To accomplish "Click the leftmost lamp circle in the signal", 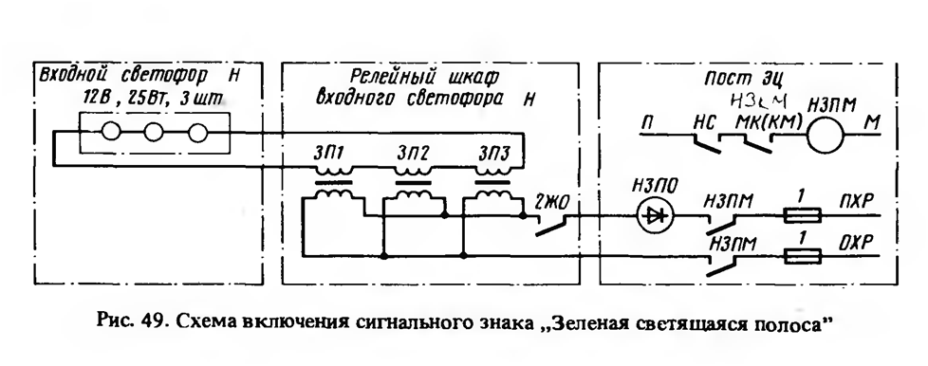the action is click(111, 131).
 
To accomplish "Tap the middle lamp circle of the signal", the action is click(154, 132).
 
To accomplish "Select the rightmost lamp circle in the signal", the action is click(197, 133).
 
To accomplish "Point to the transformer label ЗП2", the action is click(411, 155).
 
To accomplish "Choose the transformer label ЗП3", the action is click(492, 155).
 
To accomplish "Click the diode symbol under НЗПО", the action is click(654, 216).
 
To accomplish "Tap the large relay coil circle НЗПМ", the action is click(826, 136).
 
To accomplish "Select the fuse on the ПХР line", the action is click(803, 216).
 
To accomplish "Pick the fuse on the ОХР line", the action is click(803, 256).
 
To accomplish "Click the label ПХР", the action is click(856, 200).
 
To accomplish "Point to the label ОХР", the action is click(856, 242).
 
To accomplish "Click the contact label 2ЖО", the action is click(551, 202).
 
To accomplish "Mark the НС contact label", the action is click(704, 123).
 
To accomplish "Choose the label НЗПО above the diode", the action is click(655, 186).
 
